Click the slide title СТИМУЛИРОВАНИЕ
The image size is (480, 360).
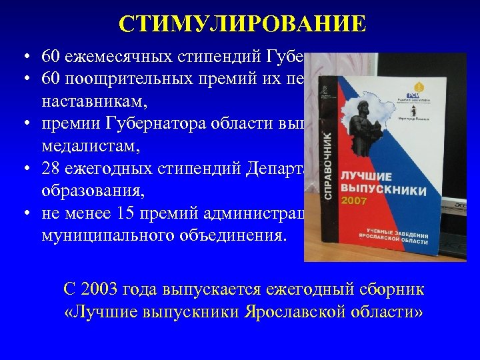(243, 24)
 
